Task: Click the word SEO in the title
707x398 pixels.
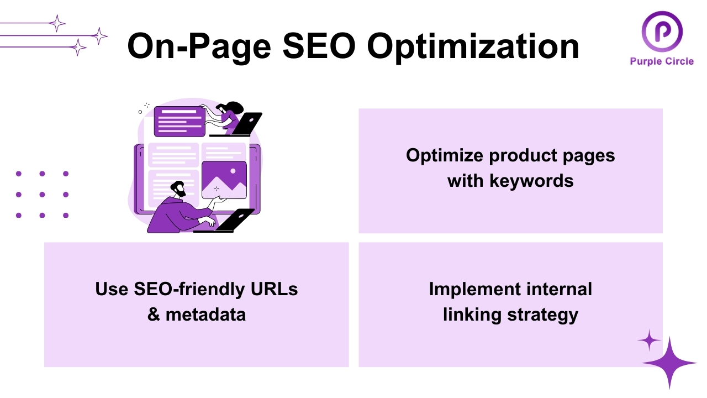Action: coord(318,46)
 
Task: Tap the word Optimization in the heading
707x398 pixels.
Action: coord(473,47)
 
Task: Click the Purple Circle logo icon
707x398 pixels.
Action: coord(662,32)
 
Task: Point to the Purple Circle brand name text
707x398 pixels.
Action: coord(662,61)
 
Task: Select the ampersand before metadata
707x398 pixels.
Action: coord(154,314)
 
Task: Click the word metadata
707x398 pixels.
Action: coord(205,314)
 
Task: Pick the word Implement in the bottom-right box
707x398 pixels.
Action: coord(474,289)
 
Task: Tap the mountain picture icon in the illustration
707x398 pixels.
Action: coord(224,180)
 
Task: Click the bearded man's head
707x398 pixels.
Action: coord(178,189)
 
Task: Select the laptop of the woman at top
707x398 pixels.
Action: coord(246,123)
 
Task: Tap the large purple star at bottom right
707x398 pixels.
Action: coord(669,363)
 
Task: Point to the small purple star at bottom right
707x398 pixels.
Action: coord(649,341)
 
